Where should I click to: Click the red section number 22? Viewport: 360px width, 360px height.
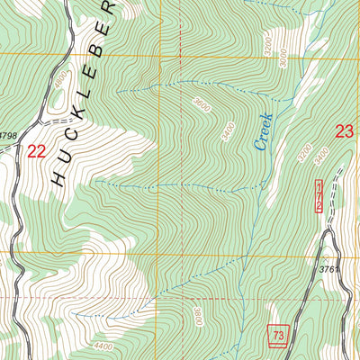[37, 151]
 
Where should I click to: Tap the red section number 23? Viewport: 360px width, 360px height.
[344, 131]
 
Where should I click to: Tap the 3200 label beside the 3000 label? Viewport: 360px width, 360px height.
[267, 42]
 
